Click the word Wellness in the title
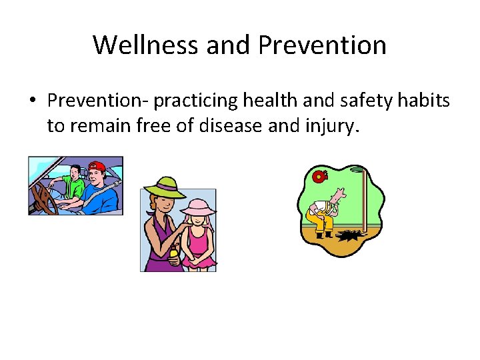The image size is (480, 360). coord(146,45)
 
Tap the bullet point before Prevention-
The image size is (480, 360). coord(32,101)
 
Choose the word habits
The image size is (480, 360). coord(427,101)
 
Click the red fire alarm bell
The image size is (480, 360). coord(321,177)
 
